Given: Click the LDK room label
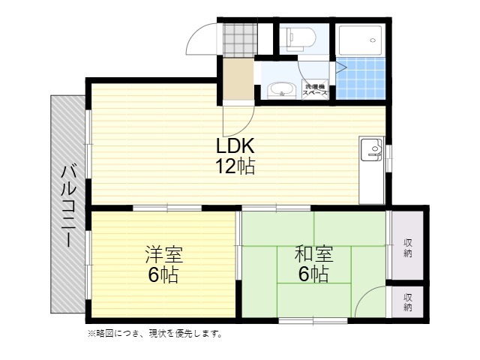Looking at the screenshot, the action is point(235,145).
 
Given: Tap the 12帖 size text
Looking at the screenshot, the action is point(235,166).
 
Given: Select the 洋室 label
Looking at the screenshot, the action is point(163,254).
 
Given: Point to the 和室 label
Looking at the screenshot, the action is point(313,254).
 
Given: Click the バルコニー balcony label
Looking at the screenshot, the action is point(69,206).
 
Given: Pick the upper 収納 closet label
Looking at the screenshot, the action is point(408,248).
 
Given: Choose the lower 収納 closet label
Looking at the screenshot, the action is point(408,302).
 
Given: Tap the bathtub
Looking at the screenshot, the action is point(361,40).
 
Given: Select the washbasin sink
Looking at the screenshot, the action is point(282,91).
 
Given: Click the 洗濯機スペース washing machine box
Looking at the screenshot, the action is point(315,89).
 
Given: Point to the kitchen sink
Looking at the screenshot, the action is point(372,149).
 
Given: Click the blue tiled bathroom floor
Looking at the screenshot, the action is point(361,78).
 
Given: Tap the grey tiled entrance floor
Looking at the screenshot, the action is point(240,40).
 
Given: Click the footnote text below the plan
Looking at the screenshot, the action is point(155,333).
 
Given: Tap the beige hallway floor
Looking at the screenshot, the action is point(238,79).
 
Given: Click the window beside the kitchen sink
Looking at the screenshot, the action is point(388,157).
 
